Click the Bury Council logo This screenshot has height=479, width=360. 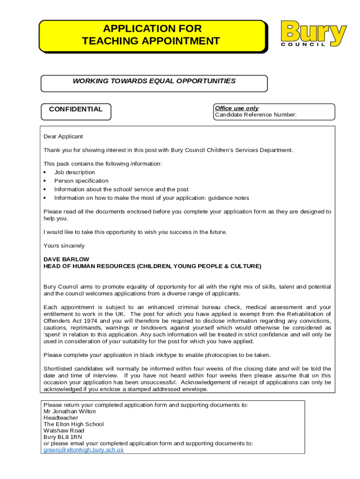[x=314, y=33]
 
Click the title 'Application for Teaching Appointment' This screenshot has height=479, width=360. [x=151, y=35]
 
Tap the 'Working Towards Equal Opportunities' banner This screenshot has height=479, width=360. [x=154, y=81]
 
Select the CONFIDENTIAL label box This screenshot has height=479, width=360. [x=76, y=109]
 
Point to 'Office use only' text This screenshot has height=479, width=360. [x=237, y=108]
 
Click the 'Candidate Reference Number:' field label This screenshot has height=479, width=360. [x=255, y=115]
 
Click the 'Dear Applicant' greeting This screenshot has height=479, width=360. [x=63, y=137]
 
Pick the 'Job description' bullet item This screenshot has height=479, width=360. [x=74, y=172]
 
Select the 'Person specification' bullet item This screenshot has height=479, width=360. [x=81, y=181]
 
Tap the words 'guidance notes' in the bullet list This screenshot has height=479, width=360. [x=230, y=198]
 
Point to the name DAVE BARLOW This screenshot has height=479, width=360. [x=66, y=259]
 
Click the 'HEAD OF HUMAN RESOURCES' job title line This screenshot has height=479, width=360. [x=152, y=266]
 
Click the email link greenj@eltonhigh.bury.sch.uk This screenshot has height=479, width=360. [x=84, y=450]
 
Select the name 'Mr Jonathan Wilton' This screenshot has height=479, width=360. [x=69, y=412]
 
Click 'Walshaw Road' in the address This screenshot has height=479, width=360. [x=64, y=430]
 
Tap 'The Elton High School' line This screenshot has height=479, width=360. [x=73, y=424]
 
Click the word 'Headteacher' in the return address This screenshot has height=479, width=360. [x=61, y=418]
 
